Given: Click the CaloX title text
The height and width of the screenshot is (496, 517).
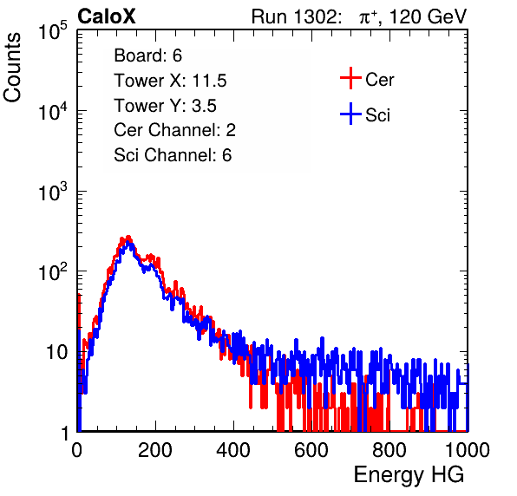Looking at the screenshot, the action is (107, 16).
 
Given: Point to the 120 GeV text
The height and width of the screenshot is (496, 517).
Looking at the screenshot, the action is (429, 16).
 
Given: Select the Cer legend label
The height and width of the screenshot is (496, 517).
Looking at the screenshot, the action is (380, 80).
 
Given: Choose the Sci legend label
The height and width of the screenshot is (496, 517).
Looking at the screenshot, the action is (378, 115).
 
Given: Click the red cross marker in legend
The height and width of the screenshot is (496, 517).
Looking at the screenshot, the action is (350, 78).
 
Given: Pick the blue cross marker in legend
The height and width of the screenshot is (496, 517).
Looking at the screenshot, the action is (350, 114).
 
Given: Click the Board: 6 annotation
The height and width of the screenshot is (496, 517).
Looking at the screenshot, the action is (148, 55).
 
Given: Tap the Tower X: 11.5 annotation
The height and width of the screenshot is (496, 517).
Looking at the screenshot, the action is (171, 81).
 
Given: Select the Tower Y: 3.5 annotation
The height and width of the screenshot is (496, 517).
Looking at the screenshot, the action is (165, 106).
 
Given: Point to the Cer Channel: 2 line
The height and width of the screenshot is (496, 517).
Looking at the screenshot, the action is (174, 130).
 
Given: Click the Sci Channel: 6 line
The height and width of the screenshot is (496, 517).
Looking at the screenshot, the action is (173, 155).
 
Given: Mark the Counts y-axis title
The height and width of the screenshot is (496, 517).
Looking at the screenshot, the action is (12, 68).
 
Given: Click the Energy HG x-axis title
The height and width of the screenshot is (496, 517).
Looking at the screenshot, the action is (409, 475).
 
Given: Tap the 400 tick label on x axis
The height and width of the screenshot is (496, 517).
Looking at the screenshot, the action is (233, 450).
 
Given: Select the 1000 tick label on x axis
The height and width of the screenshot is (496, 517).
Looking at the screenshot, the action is (467, 450).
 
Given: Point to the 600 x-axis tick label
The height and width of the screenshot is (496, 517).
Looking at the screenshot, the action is (311, 450).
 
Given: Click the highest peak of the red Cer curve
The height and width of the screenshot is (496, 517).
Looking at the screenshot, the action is (128, 237).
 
